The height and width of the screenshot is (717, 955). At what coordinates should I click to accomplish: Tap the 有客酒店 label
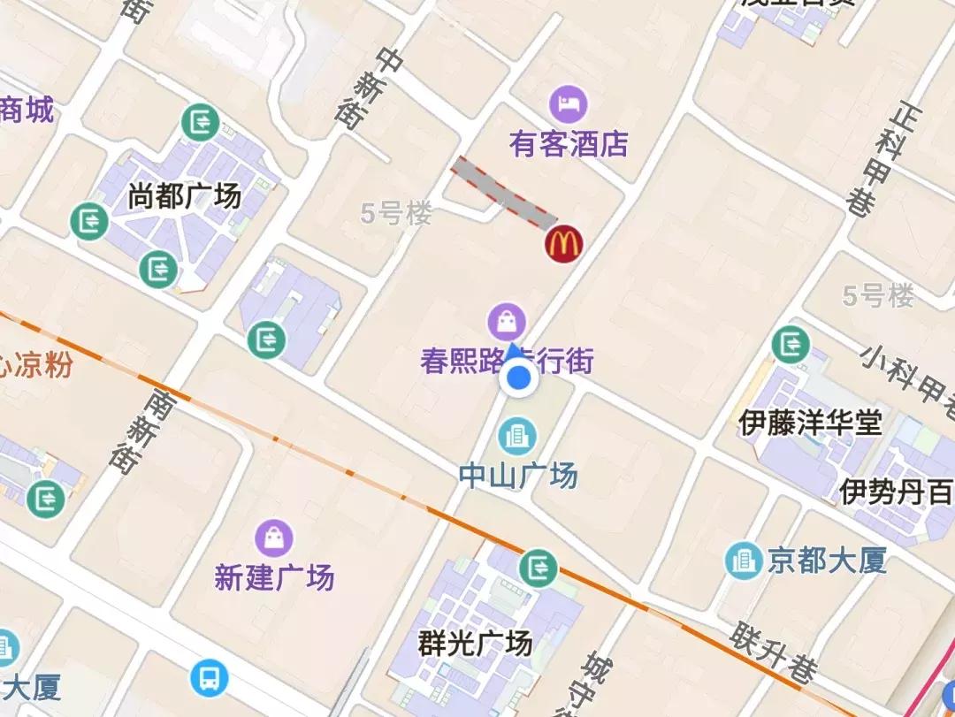pyautogui.click(x=569, y=144)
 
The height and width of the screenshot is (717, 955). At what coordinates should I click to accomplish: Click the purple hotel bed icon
pyautogui.click(x=568, y=104)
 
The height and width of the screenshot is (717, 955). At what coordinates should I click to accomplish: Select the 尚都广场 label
pyautogui.click(x=184, y=195)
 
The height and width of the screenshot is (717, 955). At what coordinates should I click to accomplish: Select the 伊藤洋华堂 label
pyautogui.click(x=810, y=422)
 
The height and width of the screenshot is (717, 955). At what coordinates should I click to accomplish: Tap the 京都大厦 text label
pyautogui.click(x=827, y=560)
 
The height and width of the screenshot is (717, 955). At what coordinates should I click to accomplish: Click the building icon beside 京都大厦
pyautogui.click(x=743, y=560)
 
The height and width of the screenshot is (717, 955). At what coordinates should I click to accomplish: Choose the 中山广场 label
pyautogui.click(x=518, y=476)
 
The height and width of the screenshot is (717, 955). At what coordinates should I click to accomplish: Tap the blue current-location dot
pyautogui.click(x=518, y=379)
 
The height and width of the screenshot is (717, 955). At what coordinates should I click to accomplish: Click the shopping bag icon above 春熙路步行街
pyautogui.click(x=507, y=322)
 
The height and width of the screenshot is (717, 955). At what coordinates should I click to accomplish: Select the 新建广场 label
pyautogui.click(x=274, y=577)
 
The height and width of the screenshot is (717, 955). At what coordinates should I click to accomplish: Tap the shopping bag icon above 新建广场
pyautogui.click(x=274, y=537)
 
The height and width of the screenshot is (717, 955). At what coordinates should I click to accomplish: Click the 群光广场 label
pyautogui.click(x=476, y=642)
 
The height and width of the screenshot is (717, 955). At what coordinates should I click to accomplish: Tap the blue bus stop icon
pyautogui.click(x=210, y=678)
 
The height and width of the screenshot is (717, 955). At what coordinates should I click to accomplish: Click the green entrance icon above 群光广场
pyautogui.click(x=537, y=568)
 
